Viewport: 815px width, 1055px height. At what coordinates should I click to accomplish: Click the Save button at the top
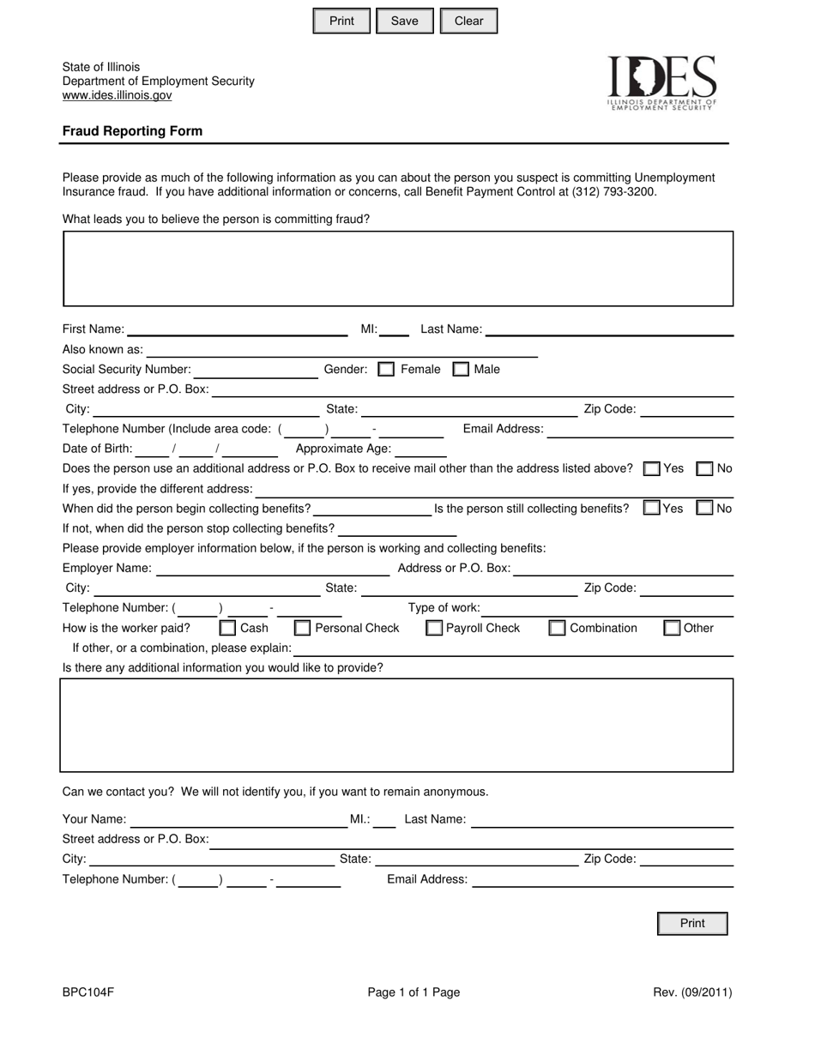[x=404, y=21]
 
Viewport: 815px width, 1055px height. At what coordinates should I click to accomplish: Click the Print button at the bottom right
[x=691, y=924]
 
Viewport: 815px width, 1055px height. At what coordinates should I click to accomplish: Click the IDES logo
[x=661, y=82]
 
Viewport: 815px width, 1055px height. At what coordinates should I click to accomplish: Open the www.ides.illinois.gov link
[x=117, y=95]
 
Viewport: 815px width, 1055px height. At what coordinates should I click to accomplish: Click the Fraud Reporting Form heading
[x=132, y=131]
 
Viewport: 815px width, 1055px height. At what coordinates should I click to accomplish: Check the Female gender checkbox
[x=386, y=370]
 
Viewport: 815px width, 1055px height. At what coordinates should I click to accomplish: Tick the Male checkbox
[x=461, y=370]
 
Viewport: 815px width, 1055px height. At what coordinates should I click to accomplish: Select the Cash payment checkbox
[x=227, y=628]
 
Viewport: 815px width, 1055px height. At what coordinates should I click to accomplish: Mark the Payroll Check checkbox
[x=434, y=628]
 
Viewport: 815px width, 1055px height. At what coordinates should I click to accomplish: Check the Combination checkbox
[x=557, y=628]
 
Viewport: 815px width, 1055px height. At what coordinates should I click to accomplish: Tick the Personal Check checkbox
[x=302, y=628]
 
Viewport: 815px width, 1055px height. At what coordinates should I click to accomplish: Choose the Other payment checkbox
[x=672, y=628]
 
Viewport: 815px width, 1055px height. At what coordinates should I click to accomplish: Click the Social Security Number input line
[x=256, y=371]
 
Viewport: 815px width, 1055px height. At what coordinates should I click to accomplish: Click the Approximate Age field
[x=420, y=449]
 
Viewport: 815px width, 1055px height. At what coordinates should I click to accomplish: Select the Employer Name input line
[x=273, y=569]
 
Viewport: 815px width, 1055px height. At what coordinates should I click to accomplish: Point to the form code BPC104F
[x=88, y=992]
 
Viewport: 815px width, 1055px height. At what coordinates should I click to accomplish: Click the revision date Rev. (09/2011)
[x=692, y=992]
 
